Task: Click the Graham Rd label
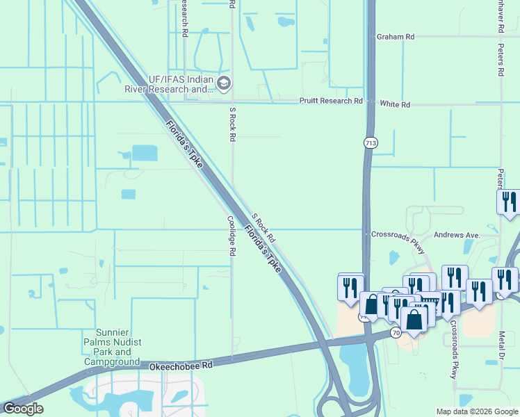point(396,37)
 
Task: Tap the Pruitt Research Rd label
point(331,101)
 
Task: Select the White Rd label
point(395,104)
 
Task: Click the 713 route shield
point(370,142)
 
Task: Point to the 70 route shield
point(396,333)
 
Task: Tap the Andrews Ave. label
point(457,236)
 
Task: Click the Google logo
point(23,409)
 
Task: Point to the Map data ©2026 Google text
point(476,411)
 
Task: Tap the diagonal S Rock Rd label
point(263,227)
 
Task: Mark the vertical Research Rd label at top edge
point(185,17)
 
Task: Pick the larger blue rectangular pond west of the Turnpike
point(144,152)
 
